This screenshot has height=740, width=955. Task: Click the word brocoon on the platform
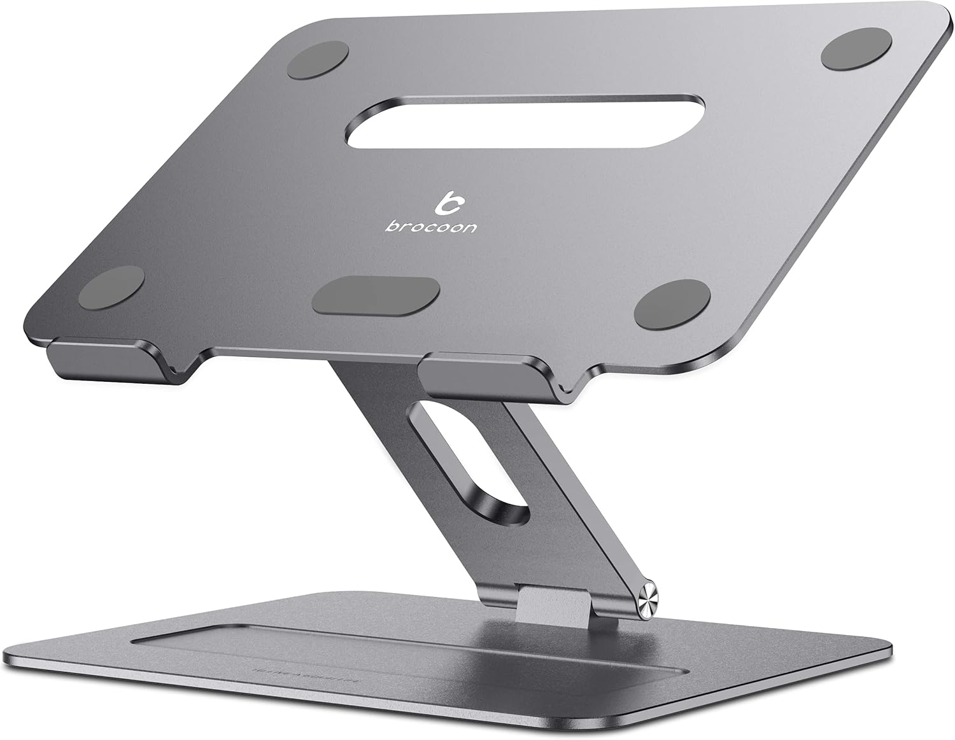[430, 226]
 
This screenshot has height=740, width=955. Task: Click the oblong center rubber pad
[377, 296]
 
